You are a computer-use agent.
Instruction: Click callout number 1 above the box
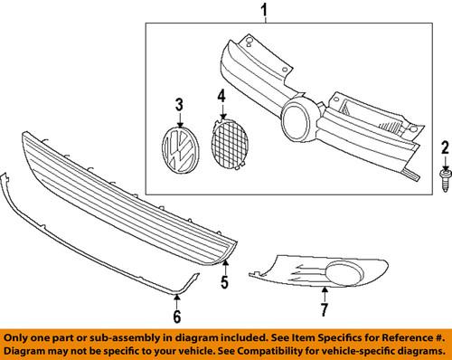pyautogui.click(x=264, y=10)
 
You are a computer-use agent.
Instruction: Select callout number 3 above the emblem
pyautogui.click(x=180, y=105)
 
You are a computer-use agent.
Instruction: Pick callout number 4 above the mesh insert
pyautogui.click(x=221, y=96)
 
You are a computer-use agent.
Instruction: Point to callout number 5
pyautogui.click(x=225, y=282)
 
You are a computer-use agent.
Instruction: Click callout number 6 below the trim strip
pyautogui.click(x=177, y=316)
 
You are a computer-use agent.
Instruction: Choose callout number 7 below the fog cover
pyautogui.click(x=325, y=309)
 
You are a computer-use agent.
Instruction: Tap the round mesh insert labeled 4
pyautogui.click(x=230, y=143)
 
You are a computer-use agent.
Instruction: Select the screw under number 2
pyautogui.click(x=446, y=180)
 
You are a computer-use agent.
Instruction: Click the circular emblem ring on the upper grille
pyautogui.click(x=297, y=121)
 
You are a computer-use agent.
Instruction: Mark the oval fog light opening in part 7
pyautogui.click(x=344, y=272)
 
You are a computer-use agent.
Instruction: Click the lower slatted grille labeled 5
pyautogui.click(x=129, y=199)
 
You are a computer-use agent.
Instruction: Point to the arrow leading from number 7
pyautogui.click(x=325, y=294)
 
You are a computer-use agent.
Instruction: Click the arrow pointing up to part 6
pyautogui.click(x=177, y=301)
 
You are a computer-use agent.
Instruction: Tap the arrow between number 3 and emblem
pyautogui.click(x=180, y=120)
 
